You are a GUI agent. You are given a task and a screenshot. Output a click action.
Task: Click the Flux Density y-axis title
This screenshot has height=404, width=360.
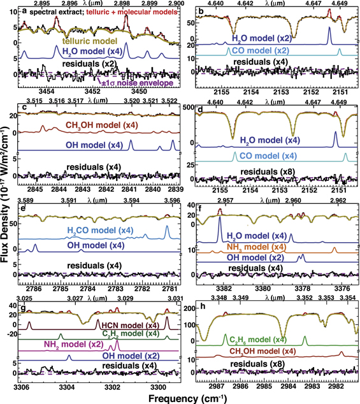[6, 210]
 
